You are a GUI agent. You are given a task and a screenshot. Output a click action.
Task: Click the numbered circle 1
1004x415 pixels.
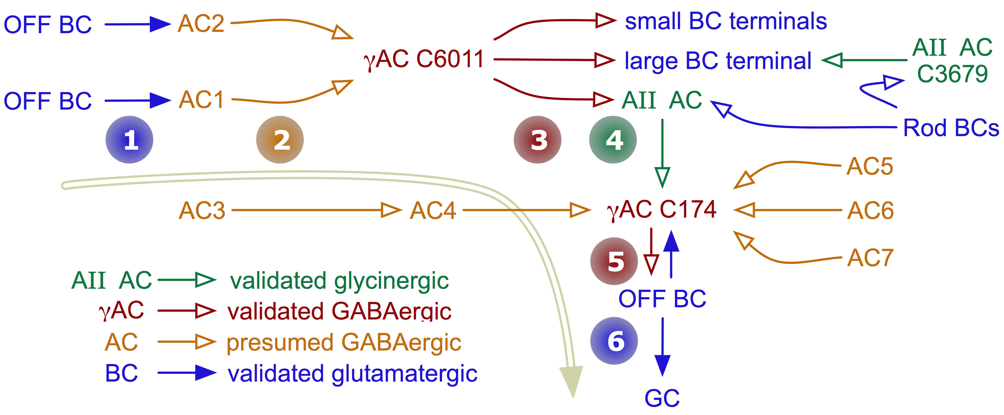(129, 140)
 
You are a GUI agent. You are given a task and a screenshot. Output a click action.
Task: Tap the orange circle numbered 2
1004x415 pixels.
(280, 140)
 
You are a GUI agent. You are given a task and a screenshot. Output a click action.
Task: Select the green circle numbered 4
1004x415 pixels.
(613, 140)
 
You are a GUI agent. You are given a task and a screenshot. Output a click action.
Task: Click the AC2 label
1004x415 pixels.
(201, 23)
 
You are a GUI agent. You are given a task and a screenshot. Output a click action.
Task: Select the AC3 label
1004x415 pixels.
(202, 211)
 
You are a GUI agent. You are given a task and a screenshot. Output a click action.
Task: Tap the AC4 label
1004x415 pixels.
(433, 211)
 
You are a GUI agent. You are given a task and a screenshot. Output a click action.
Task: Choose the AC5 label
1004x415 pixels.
(870, 167)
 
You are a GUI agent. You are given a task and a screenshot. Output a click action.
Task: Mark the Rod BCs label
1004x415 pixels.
(951, 128)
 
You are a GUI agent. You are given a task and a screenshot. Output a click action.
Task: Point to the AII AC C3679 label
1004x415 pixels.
(952, 60)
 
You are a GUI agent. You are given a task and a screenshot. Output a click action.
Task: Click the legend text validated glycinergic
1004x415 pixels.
(339, 280)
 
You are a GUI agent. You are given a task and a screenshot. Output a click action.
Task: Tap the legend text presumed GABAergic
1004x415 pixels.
(344, 343)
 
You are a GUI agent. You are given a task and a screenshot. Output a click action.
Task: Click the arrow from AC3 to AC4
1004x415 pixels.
(316, 210)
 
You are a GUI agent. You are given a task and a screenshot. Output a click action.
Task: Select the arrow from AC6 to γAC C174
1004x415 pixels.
(787, 210)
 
